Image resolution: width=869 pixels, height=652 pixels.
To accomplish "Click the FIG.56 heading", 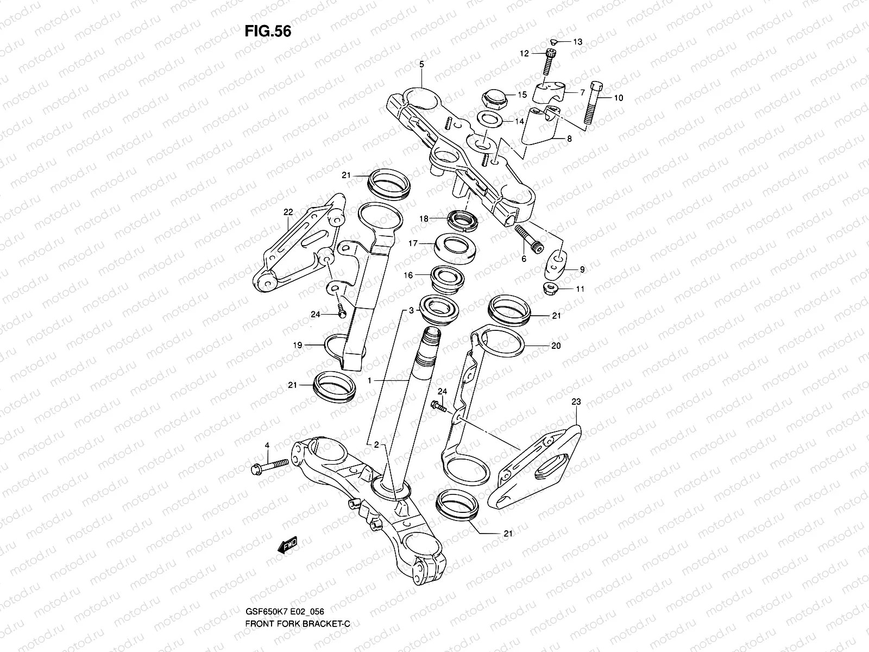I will (267, 32).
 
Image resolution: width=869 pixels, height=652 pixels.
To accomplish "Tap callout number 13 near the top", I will (577, 42).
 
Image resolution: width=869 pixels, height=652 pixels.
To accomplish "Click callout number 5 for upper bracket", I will (421, 64).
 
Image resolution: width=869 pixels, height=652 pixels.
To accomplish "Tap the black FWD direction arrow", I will (288, 545).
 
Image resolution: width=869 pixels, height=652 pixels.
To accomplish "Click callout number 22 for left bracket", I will (288, 212).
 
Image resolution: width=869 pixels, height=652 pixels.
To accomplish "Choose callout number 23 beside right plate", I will (576, 402).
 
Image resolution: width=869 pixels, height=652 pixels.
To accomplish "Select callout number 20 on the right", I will (556, 346).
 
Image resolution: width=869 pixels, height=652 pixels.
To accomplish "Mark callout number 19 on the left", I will (298, 344).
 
